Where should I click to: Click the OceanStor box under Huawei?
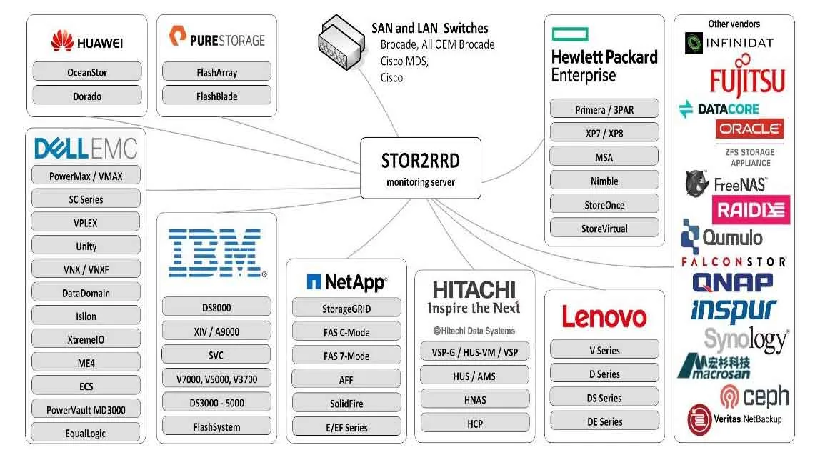tap(87, 71)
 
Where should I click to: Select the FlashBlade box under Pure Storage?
tap(216, 96)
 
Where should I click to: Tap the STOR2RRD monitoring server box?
tap(421, 168)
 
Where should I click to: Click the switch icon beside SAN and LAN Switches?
tap(341, 43)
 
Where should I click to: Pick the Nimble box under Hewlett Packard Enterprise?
tap(604, 180)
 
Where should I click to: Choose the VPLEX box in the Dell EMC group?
tap(86, 222)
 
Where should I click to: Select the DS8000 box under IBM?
tap(216, 307)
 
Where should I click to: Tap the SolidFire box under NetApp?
tap(346, 403)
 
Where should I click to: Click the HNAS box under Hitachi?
tap(475, 399)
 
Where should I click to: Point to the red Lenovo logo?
tap(604, 316)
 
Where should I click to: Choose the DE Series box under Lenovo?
tap(604, 421)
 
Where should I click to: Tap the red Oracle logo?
tap(749, 129)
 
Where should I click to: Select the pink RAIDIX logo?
tap(751, 209)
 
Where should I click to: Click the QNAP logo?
tap(732, 283)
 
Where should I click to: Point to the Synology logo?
tap(746, 339)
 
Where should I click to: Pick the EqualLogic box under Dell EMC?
tap(86, 432)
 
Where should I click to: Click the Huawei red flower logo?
tap(62, 41)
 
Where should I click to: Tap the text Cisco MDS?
tap(404, 61)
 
